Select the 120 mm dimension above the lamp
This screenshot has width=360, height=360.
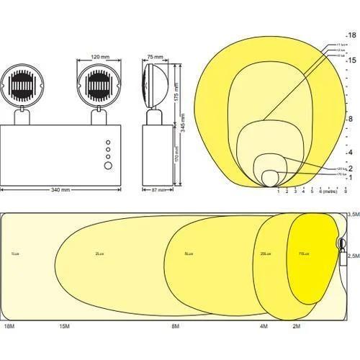click(x=99, y=55)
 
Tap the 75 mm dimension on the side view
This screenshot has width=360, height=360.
click(x=154, y=55)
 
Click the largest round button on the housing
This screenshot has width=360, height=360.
click(x=108, y=166)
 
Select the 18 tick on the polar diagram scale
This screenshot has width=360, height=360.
click(x=352, y=35)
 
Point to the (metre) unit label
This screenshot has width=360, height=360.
click(x=330, y=192)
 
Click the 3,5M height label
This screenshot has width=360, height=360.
click(x=353, y=215)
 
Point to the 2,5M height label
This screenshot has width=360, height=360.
click(x=353, y=256)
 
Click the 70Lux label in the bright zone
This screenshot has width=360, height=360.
click(x=302, y=254)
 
